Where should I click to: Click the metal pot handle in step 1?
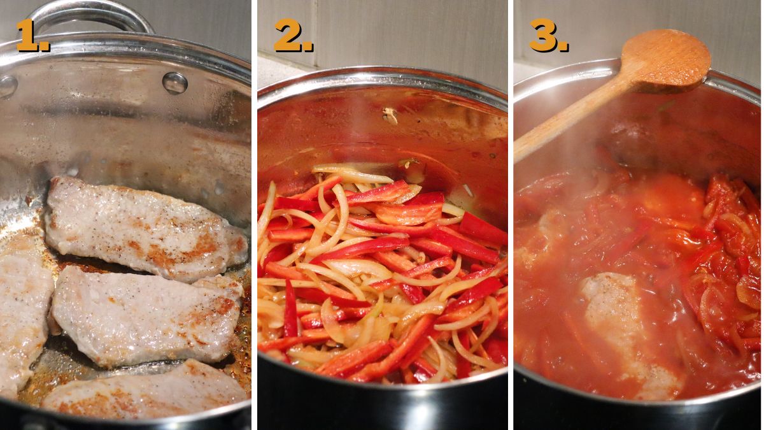click(89, 14)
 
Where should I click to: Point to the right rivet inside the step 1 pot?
click(174, 82)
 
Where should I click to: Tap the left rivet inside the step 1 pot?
click(8, 86)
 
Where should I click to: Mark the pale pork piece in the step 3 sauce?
click(621, 319)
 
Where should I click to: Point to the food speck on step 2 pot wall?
click(390, 115)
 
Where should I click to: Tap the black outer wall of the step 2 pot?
click(382, 408)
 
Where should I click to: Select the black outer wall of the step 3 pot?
click(637, 414)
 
